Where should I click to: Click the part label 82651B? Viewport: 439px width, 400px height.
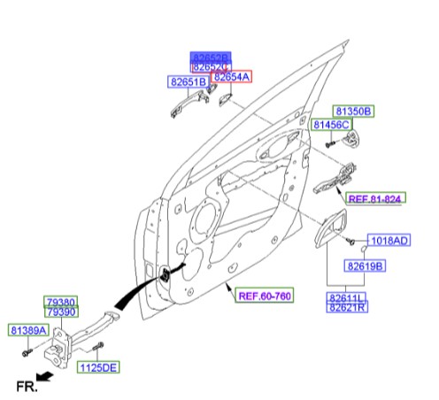188,82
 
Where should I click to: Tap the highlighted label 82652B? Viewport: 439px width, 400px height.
211,57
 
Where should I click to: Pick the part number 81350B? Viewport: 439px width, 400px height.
353,112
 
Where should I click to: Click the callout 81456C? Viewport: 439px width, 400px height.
330,127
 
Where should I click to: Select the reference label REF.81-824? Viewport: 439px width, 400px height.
374,199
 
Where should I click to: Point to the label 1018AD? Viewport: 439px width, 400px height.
389,241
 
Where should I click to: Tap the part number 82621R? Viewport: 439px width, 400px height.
348,309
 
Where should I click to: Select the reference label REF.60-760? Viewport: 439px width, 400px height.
265,295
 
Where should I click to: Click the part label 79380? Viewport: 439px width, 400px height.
62,303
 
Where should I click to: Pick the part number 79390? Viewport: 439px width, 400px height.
62,312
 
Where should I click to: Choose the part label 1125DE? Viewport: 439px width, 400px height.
98,366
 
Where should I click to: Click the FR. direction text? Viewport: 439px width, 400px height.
26,385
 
